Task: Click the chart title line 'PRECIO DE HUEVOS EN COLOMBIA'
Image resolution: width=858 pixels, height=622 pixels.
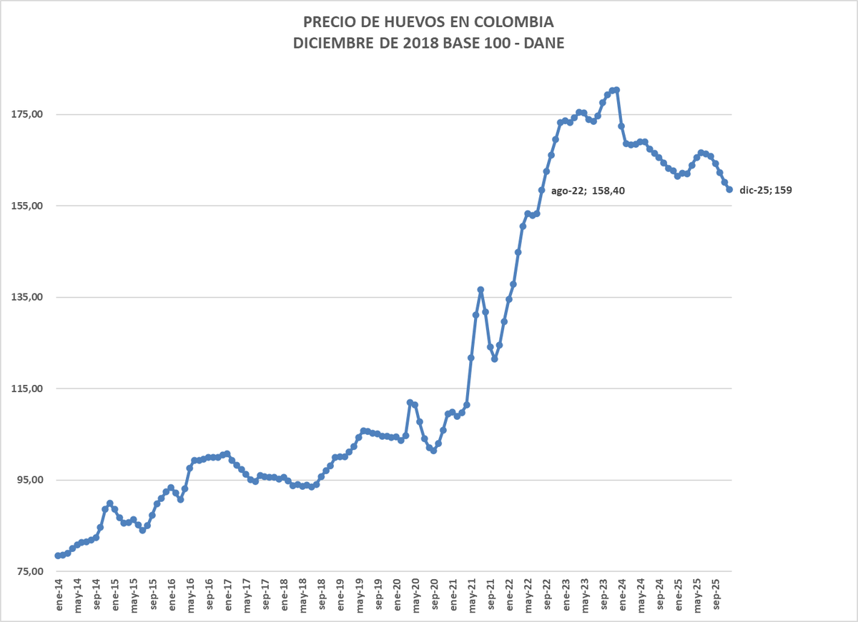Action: [429, 21]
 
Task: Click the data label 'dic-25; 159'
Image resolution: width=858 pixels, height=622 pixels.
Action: [766, 191]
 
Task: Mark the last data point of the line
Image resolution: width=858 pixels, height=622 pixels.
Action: [729, 189]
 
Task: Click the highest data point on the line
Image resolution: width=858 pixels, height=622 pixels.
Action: [616, 89]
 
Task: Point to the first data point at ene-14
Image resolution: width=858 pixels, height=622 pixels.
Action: [57, 556]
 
